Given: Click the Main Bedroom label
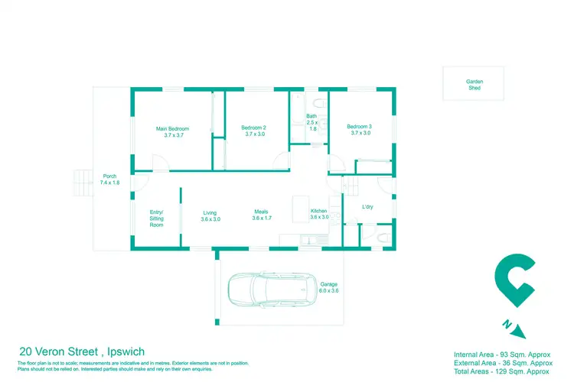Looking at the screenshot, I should (x=172, y=131).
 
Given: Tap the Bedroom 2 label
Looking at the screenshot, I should (x=253, y=131).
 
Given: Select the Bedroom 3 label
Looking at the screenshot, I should (x=358, y=130).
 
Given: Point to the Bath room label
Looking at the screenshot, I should (x=311, y=122).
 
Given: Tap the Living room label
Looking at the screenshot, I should (x=210, y=216).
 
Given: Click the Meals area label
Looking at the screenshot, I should (x=266, y=216).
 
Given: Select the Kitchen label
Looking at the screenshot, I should (x=318, y=214).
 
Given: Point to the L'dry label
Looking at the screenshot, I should (x=367, y=207).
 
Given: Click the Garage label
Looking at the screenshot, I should (x=328, y=287).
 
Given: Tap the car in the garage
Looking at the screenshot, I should (x=272, y=288).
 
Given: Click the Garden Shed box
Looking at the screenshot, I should (x=475, y=83).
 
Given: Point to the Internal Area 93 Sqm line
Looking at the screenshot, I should (x=502, y=355).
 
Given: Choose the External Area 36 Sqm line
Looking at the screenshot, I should (x=502, y=363).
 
